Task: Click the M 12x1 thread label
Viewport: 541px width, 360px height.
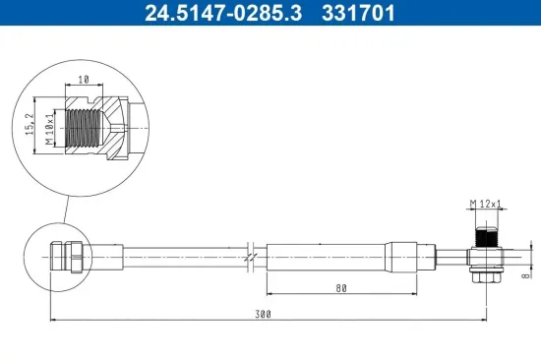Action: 484,204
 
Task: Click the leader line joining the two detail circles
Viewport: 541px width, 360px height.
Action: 64,211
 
